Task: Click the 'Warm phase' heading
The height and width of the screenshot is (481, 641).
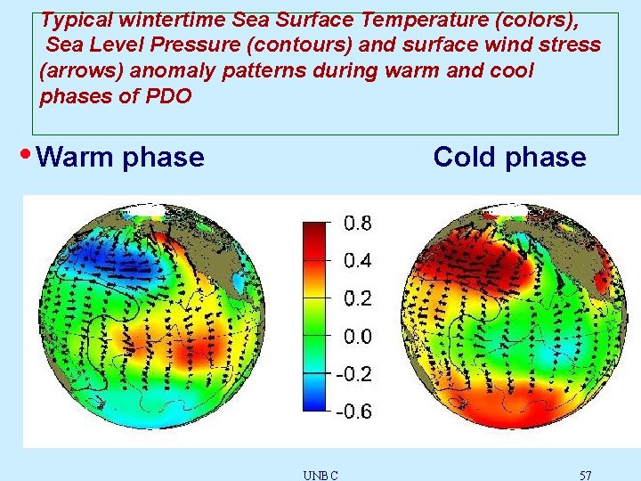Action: (x=122, y=158)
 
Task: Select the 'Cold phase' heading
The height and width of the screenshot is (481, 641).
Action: (x=509, y=158)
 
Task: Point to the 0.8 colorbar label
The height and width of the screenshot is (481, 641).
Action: (x=359, y=223)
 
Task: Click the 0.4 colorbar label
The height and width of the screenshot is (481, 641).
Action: (x=359, y=261)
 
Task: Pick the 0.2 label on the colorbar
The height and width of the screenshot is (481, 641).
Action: (x=359, y=298)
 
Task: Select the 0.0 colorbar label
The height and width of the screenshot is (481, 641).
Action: (x=359, y=337)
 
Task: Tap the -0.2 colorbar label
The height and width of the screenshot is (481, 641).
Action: (x=355, y=374)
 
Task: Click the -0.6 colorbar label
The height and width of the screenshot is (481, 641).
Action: (x=355, y=412)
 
